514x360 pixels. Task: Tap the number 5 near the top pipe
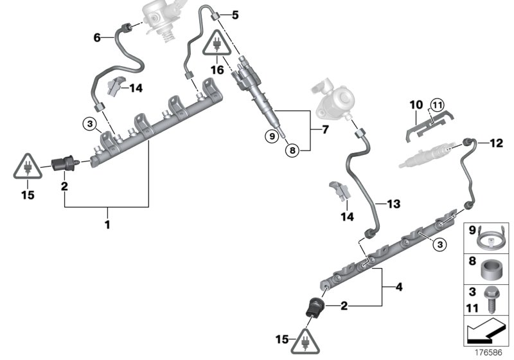point(235,14)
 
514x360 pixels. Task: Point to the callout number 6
point(97,38)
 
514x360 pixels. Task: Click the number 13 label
point(394,204)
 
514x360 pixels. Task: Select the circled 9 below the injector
point(274,136)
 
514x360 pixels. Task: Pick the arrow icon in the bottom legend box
point(487,331)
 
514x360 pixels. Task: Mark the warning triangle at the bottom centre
point(299,342)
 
